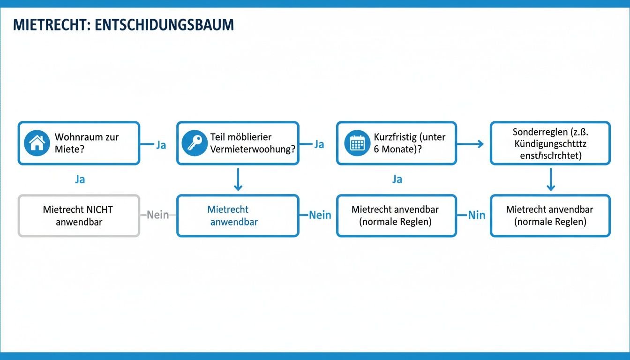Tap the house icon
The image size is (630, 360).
pyautogui.click(x=37, y=143)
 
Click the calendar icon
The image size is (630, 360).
pyautogui.click(x=357, y=143)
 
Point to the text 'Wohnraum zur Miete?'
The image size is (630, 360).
pyautogui.click(x=87, y=143)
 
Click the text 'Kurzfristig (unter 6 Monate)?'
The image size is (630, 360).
pyautogui.click(x=409, y=143)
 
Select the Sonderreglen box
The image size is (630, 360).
pyautogui.click(x=550, y=143)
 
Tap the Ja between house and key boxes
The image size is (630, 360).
pyautogui.click(x=161, y=145)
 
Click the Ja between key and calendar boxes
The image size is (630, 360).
pyautogui.click(x=319, y=144)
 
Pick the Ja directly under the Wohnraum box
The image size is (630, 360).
pyautogui.click(x=80, y=180)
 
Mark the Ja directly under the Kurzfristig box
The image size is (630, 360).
pyautogui.click(x=397, y=180)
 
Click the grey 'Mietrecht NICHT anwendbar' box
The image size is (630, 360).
pyautogui.click(x=78, y=216)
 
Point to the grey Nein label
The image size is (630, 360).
pyautogui.click(x=157, y=215)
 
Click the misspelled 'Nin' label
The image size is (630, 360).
pyautogui.click(x=476, y=215)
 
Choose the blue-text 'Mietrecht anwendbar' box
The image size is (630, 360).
pyautogui.click(x=237, y=216)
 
